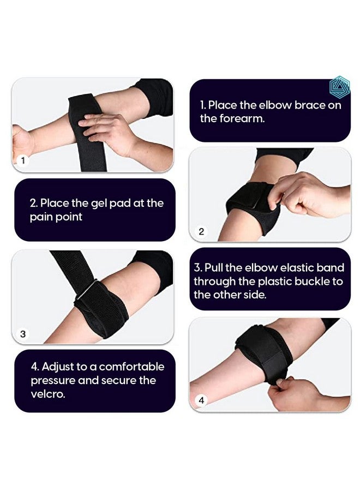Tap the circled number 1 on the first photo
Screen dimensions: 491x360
pos(23,161)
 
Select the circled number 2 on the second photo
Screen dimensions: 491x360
pos(201,231)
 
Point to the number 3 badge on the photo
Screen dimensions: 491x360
pos(23,333)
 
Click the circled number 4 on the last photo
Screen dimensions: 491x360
pos(201,400)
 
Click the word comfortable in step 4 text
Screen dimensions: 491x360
pos(131,367)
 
